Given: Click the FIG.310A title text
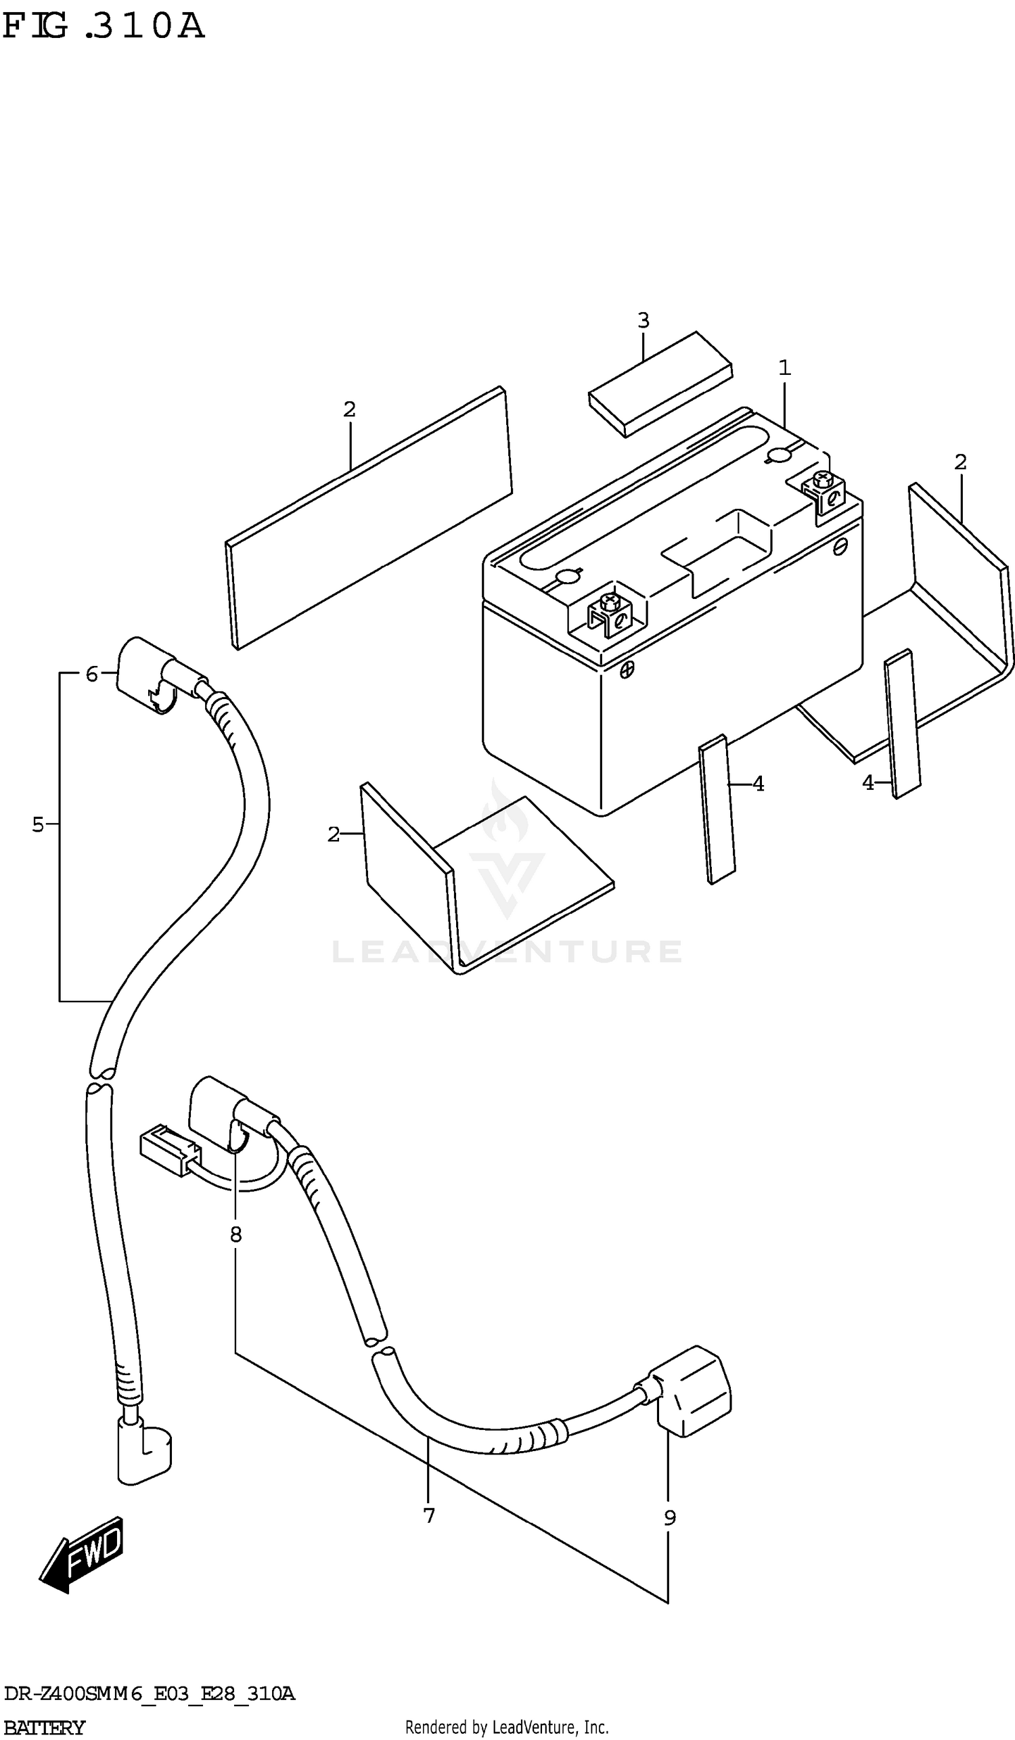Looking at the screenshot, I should coord(104,26).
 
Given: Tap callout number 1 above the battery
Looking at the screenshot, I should coord(784,368).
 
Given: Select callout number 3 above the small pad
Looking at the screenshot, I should coord(643,320).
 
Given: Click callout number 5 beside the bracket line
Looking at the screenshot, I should coord(38,824).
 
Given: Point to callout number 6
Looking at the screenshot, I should coord(92,674).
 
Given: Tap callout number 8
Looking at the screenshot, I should coord(236,1234).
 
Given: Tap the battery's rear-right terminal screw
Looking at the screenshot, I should coord(821,478).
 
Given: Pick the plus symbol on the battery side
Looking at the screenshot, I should coord(627,669).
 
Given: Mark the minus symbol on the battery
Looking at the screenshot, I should coord(840,547).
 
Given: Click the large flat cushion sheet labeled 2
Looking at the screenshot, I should coord(369,518).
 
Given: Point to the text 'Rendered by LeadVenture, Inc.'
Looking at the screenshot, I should coord(506,1728).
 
